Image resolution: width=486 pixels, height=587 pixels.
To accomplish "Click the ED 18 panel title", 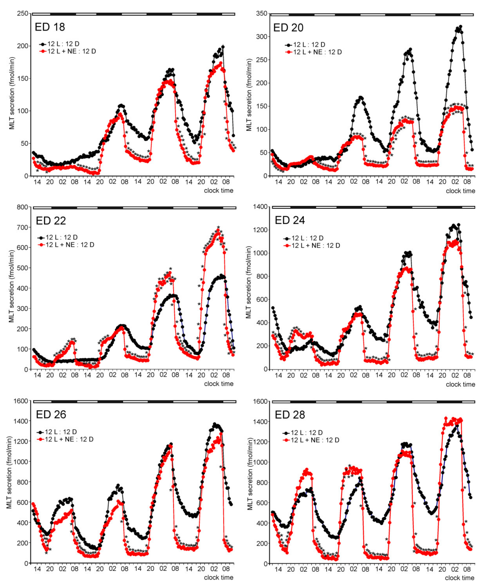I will coord(50,27).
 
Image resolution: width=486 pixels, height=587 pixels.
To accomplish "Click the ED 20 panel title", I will coord(288,28).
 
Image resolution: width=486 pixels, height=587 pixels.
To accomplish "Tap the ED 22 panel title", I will coord(51,221).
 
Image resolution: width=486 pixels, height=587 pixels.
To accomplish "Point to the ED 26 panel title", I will coord(51,414).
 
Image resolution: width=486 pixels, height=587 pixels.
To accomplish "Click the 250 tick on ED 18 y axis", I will coord(22,13).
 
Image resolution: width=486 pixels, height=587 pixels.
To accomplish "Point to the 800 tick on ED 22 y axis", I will coord(22,207).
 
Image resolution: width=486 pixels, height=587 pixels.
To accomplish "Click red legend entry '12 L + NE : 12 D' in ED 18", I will coord(72,51).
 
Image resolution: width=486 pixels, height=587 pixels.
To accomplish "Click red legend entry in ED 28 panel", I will coord(315,440).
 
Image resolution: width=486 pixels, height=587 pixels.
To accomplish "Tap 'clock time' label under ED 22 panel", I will coord(219,384).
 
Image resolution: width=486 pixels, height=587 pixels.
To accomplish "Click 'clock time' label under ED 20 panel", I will coord(460,191).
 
